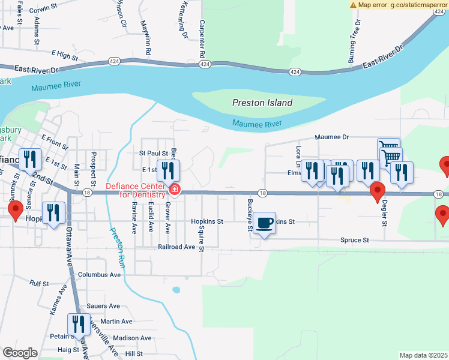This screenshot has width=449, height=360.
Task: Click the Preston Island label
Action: click(262, 103)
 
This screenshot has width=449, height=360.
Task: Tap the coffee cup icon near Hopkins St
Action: click(265, 224)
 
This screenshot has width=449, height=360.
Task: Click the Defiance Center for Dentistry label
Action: click(136, 190)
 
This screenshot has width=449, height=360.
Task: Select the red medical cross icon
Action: click(175, 190)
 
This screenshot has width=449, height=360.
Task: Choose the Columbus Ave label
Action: click(99, 275)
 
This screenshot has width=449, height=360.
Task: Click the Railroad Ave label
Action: click(177, 247)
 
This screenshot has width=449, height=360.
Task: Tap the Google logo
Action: click(20, 353)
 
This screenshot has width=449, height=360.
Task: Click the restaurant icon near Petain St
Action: click(79, 325)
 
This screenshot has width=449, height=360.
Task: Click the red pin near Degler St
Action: click(377, 191)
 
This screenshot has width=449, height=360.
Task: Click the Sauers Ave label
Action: click(101, 305)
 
